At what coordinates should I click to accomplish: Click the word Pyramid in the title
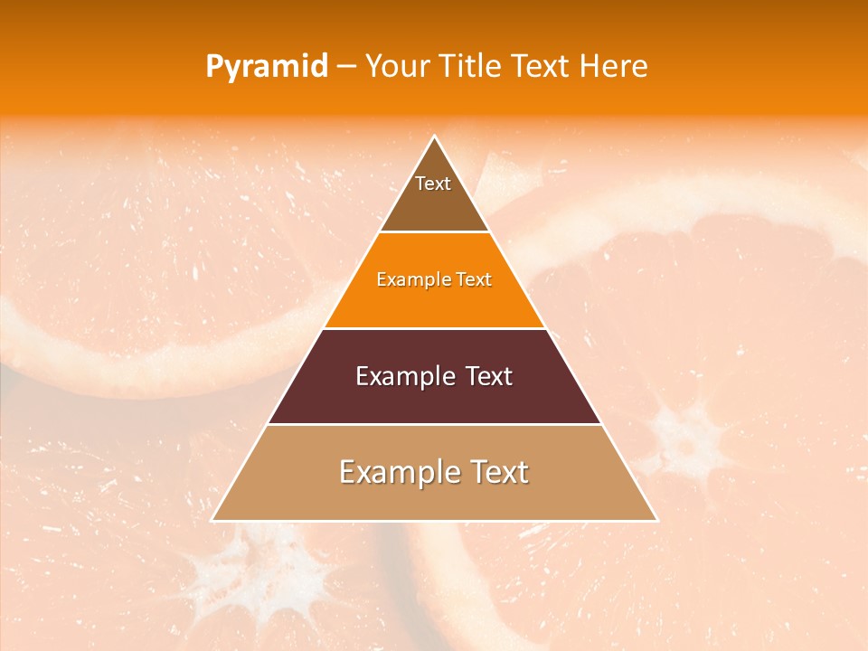[x=267, y=67]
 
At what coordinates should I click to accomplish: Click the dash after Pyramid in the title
[x=346, y=67]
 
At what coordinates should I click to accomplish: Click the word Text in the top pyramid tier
[x=433, y=184]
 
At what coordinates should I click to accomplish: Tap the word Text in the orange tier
[x=474, y=279]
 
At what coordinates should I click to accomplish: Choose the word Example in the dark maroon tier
[x=402, y=376]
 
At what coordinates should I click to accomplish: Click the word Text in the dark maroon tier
[x=489, y=376]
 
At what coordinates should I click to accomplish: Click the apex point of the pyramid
[x=435, y=137]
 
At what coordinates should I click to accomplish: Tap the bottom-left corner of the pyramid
[x=212, y=520]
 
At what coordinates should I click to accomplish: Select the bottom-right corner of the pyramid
[x=656, y=520]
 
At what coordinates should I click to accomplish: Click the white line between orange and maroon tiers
[x=435, y=328]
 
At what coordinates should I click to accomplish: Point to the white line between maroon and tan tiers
[x=435, y=424]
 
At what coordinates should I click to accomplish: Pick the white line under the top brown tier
[x=435, y=232]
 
